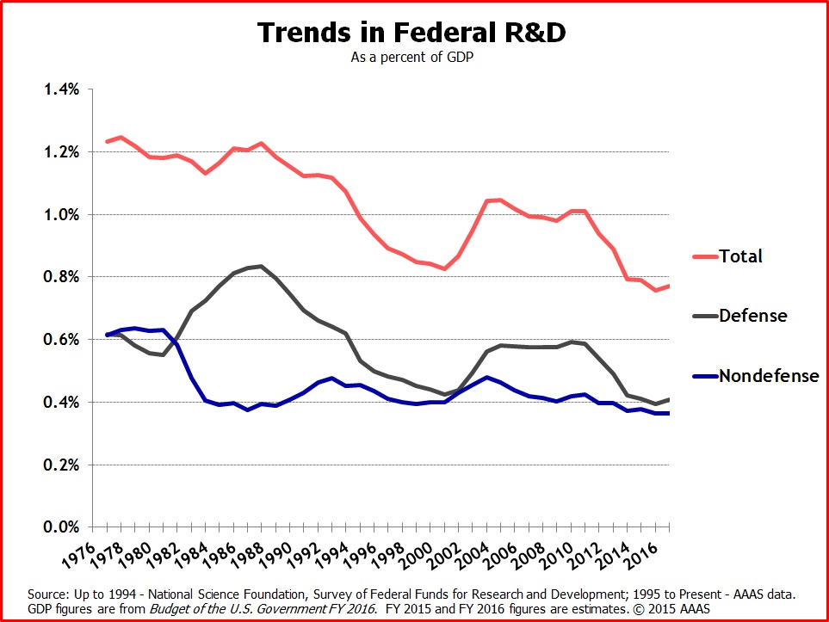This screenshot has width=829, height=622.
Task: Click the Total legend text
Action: pyautogui.click(x=742, y=256)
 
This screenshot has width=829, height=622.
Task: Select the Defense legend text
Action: pyautogui.click(x=753, y=316)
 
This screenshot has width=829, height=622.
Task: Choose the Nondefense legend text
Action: pyautogui.click(x=770, y=375)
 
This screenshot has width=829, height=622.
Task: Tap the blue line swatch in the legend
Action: pyautogui.click(x=703, y=376)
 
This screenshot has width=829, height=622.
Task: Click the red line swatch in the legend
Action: pyautogui.click(x=703, y=256)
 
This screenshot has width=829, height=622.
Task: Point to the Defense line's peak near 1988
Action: pyautogui.click(x=261, y=266)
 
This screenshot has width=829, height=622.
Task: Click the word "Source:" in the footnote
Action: pyautogui.click(x=47, y=594)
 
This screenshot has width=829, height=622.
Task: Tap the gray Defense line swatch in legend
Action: pyautogui.click(x=703, y=316)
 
